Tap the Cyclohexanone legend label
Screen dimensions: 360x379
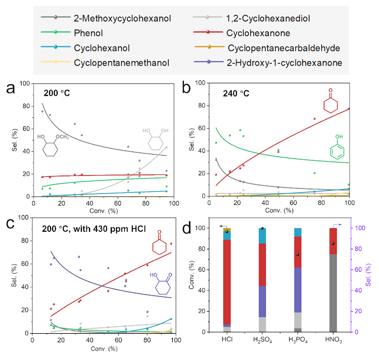[x=258, y=34]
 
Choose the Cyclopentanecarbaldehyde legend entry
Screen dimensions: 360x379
[x=283, y=48]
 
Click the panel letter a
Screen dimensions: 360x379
[x=11, y=89]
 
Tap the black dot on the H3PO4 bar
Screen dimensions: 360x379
[x=298, y=254]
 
